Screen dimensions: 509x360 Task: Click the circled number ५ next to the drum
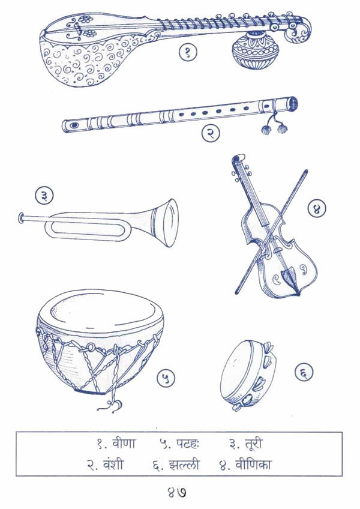coord(166,378)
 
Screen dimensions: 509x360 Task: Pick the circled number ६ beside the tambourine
coord(304,373)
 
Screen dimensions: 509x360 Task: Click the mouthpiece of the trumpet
coord(22,216)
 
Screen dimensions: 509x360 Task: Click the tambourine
coord(247,377)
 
